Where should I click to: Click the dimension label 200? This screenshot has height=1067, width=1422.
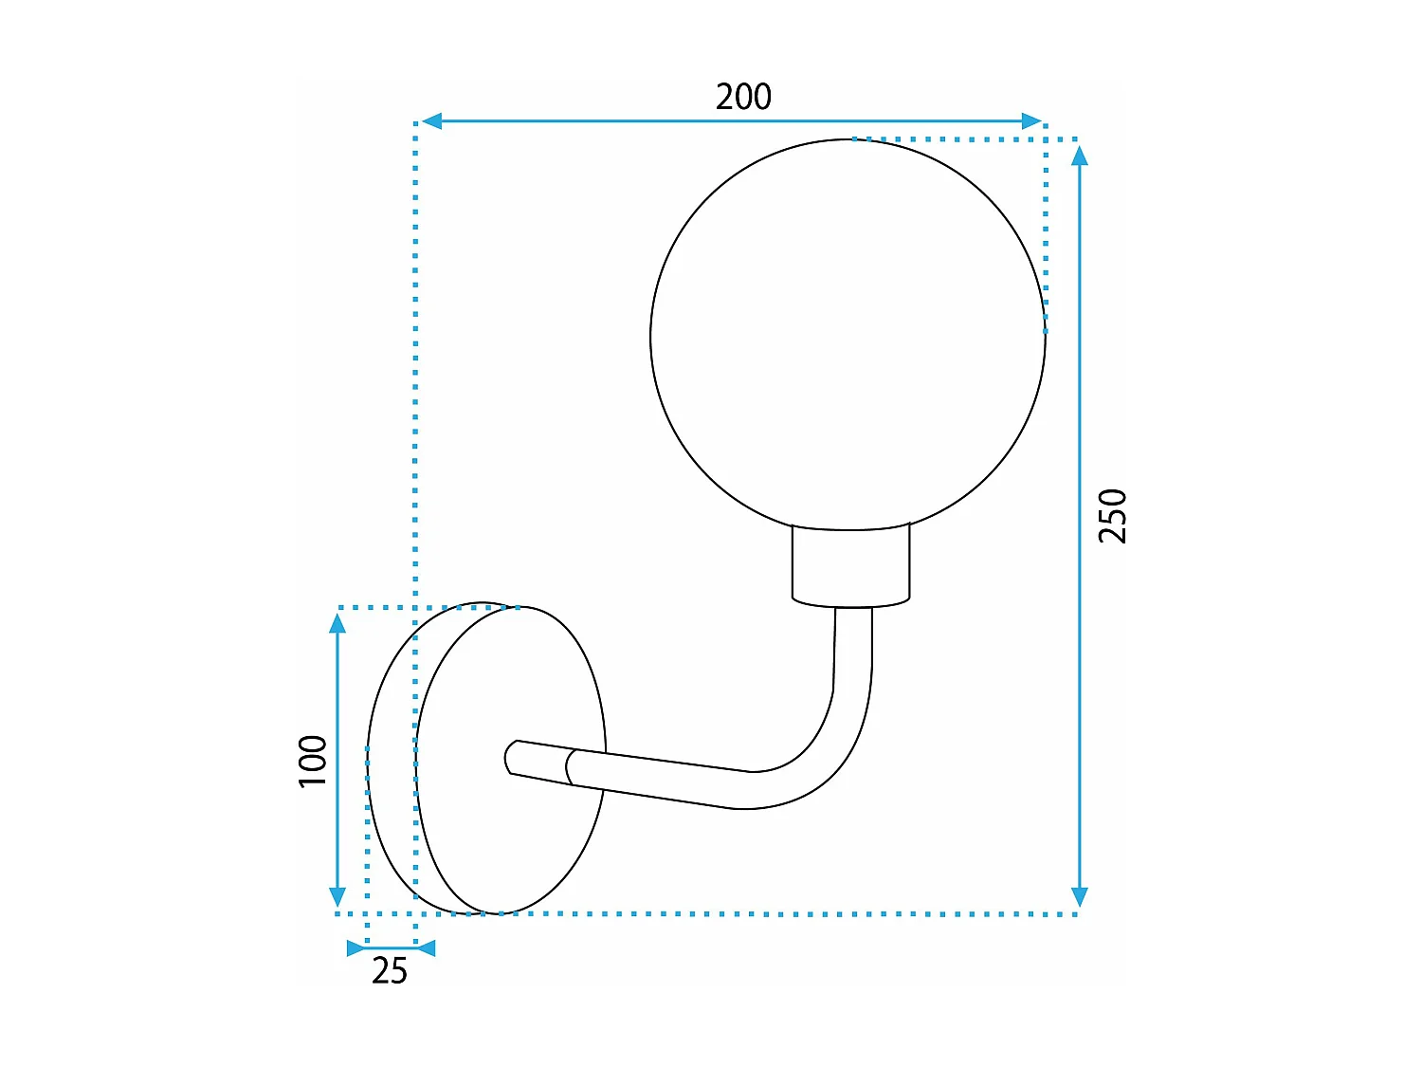click(743, 97)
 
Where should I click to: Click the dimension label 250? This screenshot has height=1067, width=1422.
click(1113, 516)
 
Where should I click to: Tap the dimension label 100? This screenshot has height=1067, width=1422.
click(313, 761)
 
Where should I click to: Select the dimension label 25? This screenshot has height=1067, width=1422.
click(390, 971)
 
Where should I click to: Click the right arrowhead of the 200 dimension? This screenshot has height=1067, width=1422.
click(1031, 121)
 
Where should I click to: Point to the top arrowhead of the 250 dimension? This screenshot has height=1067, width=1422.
click(1079, 156)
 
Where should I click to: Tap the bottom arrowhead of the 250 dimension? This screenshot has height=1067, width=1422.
click(1079, 897)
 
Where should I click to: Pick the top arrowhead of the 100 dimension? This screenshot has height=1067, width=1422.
click(337, 623)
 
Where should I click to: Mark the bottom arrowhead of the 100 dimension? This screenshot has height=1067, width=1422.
click(337, 896)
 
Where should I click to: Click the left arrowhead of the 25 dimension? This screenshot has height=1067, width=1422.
click(356, 947)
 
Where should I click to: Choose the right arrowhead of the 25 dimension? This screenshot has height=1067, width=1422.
click(426, 947)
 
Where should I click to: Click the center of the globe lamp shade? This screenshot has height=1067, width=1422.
click(848, 335)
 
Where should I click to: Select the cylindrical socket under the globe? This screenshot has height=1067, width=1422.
click(851, 567)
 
